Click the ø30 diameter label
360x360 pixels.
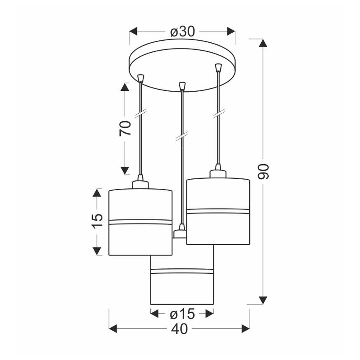(182, 32)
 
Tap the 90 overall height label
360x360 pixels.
(263, 172)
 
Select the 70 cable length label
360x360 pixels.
(125, 128)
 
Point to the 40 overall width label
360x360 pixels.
(179, 329)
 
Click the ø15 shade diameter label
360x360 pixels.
(182, 314)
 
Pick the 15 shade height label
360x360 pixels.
(97, 221)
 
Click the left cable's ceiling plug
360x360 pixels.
(141, 78)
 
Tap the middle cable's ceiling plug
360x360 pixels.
(182, 86)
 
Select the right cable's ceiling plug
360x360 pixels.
(218, 67)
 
